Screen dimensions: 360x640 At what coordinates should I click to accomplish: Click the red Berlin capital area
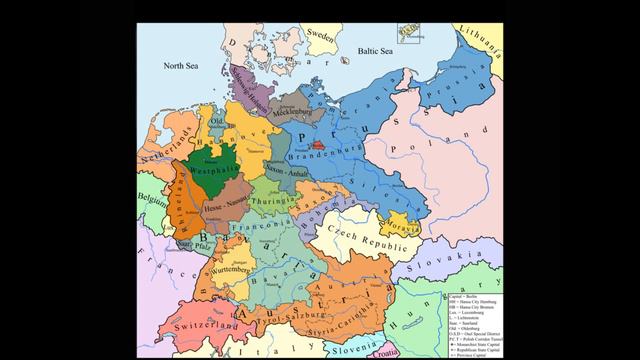[x=318, y=145]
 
